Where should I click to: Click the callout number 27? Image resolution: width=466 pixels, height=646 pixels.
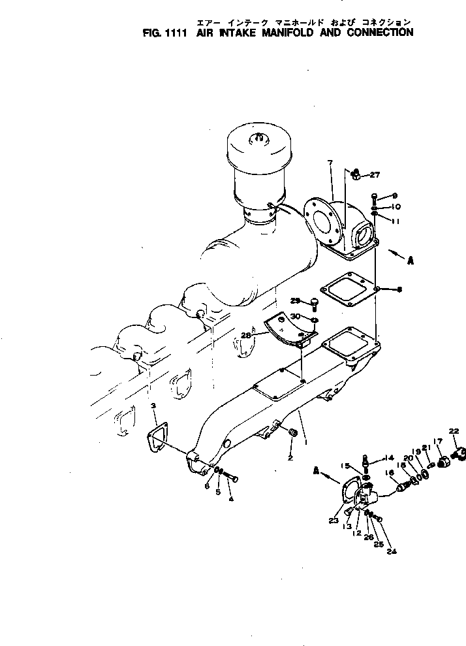[375, 174]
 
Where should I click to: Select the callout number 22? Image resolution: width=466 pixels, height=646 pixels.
[454, 430]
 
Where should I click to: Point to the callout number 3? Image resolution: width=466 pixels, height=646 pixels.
[153, 406]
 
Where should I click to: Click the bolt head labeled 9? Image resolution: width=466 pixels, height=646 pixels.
[373, 195]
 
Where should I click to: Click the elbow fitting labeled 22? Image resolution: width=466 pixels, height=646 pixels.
[458, 452]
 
